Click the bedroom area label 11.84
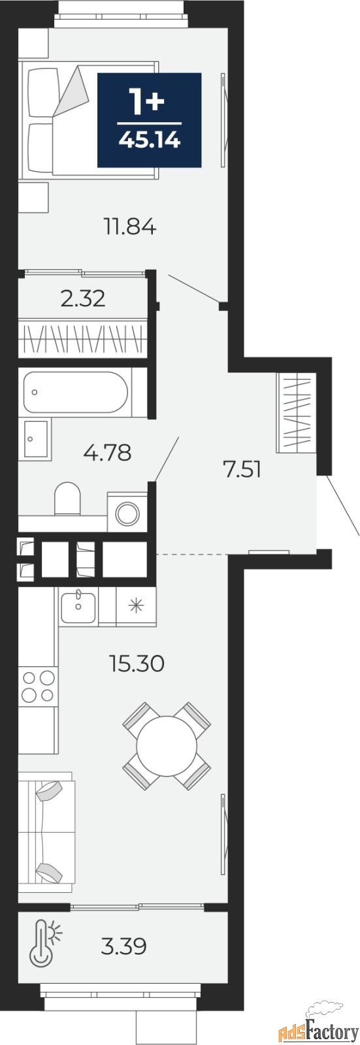(130, 227)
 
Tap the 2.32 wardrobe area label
(83, 298)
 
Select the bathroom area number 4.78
(107, 452)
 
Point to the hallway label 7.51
(242, 470)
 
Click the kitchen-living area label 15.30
(137, 663)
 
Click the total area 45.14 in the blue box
(149, 140)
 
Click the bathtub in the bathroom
(76, 392)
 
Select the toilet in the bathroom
(68, 498)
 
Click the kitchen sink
(78, 606)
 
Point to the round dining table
(167, 746)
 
